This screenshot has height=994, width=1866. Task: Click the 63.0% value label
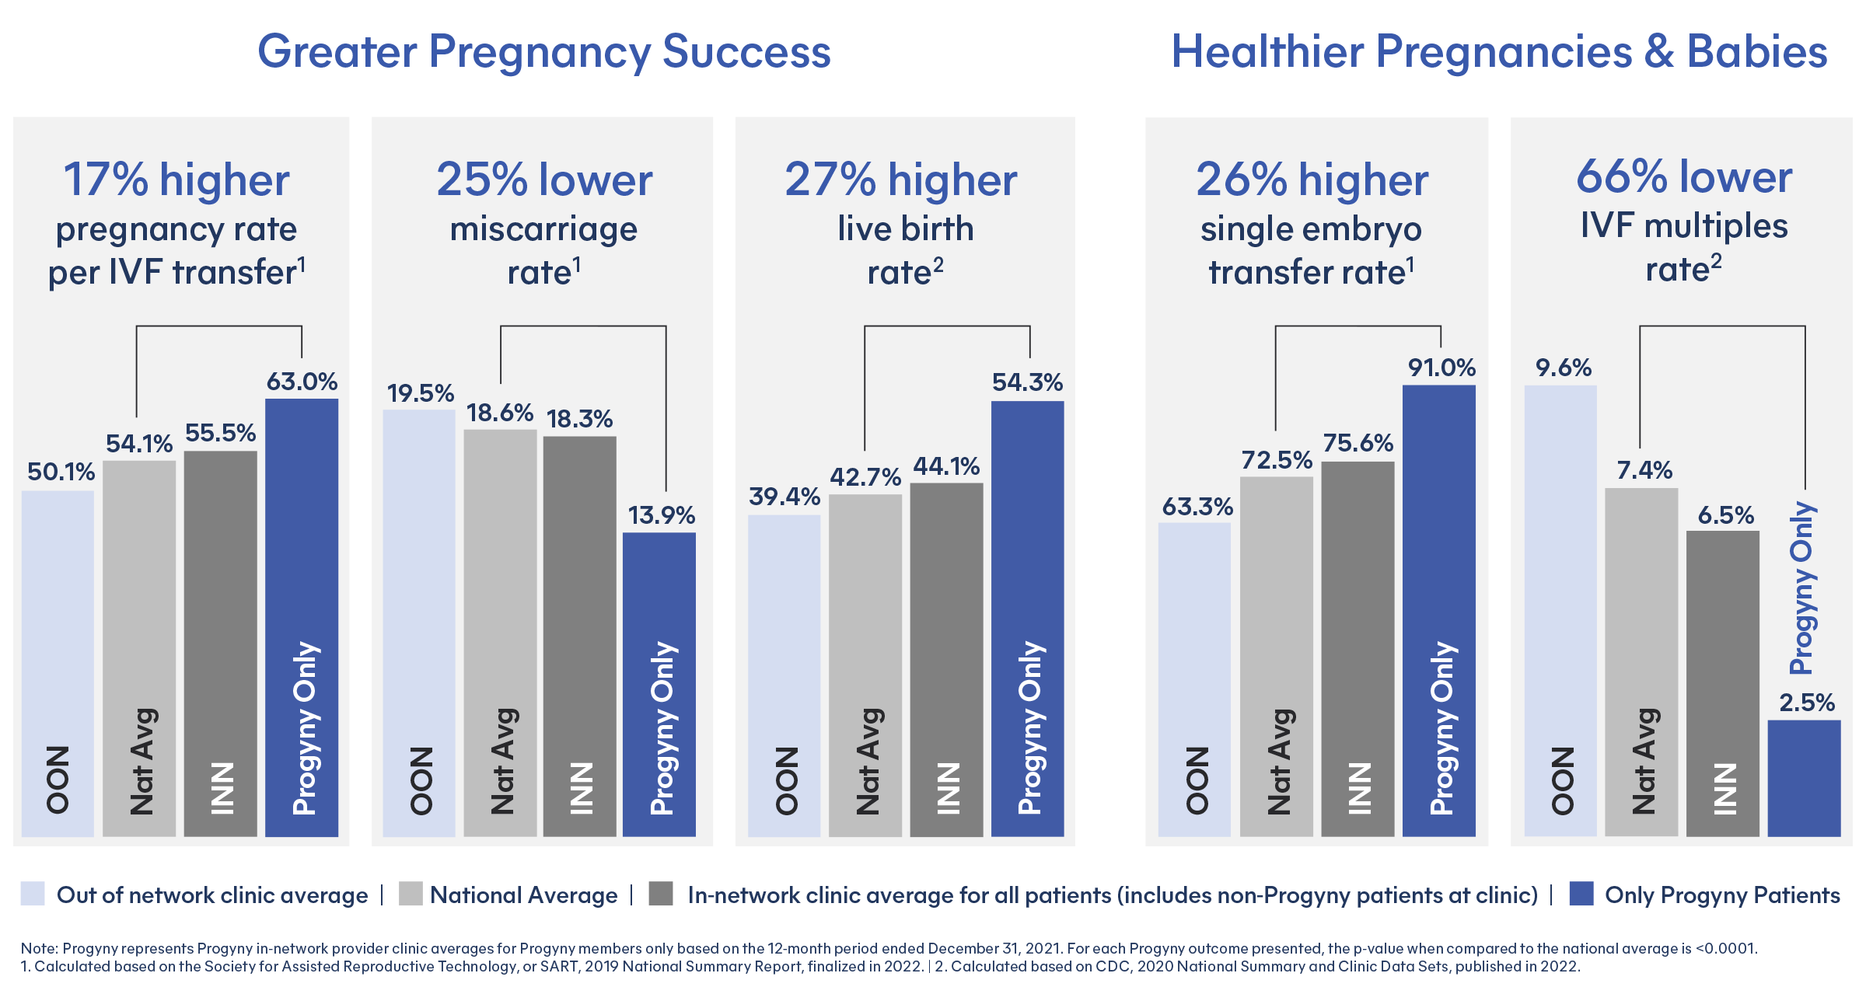tap(302, 382)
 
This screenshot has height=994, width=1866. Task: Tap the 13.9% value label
tap(661, 515)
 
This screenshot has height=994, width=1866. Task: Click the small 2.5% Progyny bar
tap(1804, 777)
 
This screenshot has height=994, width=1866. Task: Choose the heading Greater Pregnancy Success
tap(544, 52)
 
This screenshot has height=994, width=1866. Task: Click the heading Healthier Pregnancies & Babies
tap(1499, 52)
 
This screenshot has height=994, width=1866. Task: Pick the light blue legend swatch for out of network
tap(33, 894)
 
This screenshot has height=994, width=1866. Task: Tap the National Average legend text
tap(523, 895)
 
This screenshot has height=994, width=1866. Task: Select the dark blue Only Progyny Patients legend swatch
tap(1581, 894)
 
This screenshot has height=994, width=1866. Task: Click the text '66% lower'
tap(1684, 177)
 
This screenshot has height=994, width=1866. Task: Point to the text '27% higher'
tap(901, 180)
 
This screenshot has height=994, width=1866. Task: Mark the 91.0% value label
tap(1441, 368)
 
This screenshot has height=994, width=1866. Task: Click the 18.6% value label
tap(500, 413)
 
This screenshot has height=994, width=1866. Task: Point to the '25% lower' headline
tap(544, 180)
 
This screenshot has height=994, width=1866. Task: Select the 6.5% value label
tap(1725, 515)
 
